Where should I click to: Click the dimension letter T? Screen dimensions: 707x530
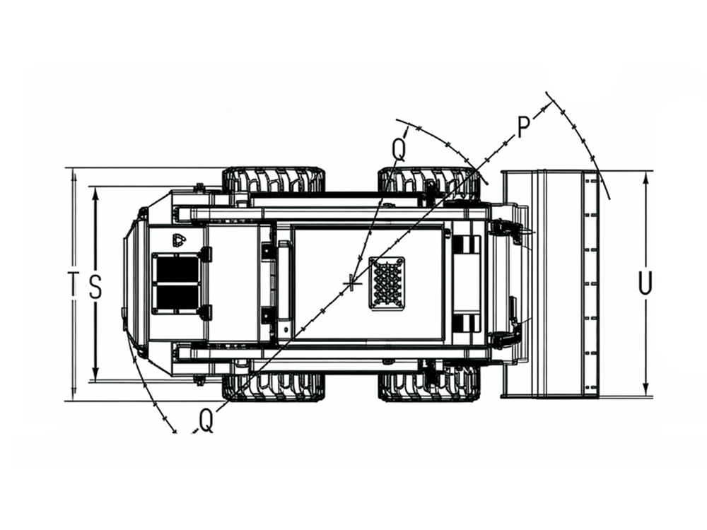(x=73, y=284)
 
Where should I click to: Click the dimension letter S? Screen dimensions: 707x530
(x=95, y=287)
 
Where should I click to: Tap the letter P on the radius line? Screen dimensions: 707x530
(x=523, y=127)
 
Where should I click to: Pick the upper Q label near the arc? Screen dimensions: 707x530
(x=399, y=148)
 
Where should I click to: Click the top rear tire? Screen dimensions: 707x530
(x=274, y=181)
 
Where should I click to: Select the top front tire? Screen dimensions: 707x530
(x=428, y=182)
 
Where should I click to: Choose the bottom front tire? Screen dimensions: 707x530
(x=428, y=383)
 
